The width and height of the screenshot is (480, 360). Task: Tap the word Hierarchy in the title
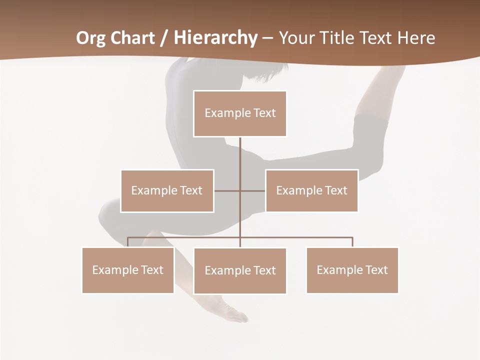click(x=215, y=38)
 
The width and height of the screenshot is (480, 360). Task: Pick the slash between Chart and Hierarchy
click(x=164, y=38)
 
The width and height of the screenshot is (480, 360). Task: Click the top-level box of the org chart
click(x=240, y=113)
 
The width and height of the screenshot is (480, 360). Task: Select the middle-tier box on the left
click(x=167, y=190)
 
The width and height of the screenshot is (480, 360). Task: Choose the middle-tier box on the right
click(x=311, y=190)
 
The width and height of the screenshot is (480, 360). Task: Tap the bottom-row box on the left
click(x=128, y=270)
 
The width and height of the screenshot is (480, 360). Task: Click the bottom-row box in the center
click(x=240, y=270)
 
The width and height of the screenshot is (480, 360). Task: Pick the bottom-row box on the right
click(x=352, y=270)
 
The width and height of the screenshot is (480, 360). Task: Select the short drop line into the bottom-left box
click(x=128, y=242)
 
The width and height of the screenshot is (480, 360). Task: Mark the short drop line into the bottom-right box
click(x=352, y=242)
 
